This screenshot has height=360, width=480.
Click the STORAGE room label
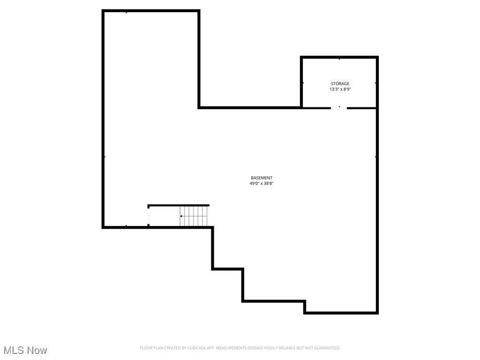coord(340,83)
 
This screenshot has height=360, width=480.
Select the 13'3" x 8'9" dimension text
coord(340,89)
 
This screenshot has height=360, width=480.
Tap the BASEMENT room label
coord(261,178)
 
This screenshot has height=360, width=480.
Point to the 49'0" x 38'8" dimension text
coord(261,184)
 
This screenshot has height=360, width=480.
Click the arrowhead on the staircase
coord(181,216)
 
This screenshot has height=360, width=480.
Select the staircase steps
coord(194,217)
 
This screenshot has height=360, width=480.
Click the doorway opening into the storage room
coord(339,108)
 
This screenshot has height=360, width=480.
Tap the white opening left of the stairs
coord(149,216)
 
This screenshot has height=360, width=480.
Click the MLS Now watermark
coord(25,350)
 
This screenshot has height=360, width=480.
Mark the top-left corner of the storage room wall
coord(301,58)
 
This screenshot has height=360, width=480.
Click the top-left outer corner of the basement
coord(103,11)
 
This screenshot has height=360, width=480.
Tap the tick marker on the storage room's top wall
coord(339,59)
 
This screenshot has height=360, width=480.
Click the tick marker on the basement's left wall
coord(105,157)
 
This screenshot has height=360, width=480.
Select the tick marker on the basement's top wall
coord(127,12)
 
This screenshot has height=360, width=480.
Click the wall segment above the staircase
coord(179,205)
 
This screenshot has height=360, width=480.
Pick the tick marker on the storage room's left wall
coord(303,83)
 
